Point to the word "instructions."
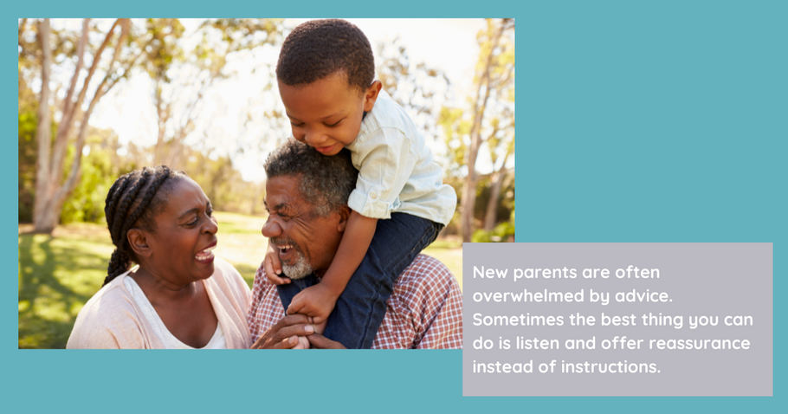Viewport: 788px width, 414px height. (x=610, y=366)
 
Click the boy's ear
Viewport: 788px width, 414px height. (x=373, y=95)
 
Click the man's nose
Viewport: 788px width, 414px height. (x=271, y=227)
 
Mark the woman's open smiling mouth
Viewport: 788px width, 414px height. (x=206, y=252)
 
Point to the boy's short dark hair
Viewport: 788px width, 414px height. (x=324, y=53)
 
